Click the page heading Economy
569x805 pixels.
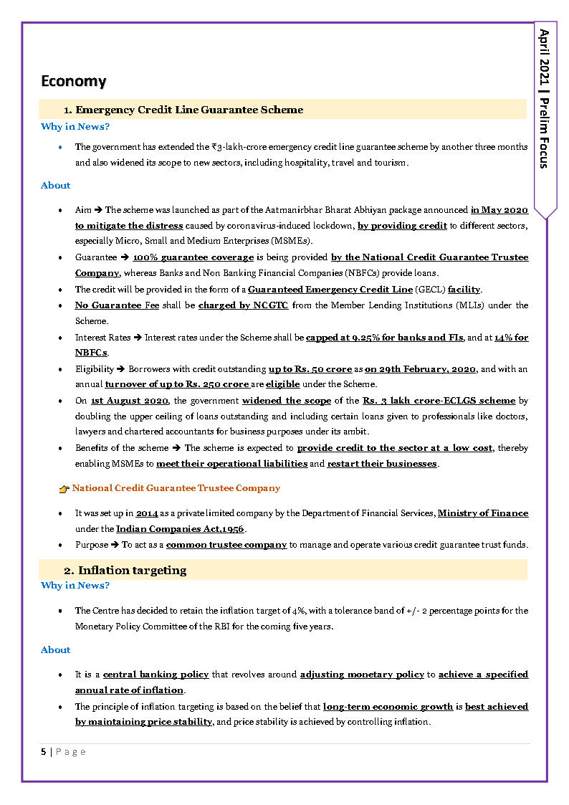73,81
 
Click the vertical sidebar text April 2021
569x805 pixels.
545,62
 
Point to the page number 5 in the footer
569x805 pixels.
43,751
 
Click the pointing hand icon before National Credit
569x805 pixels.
64,489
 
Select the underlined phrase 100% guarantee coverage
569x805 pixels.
193,257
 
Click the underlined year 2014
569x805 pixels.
147,513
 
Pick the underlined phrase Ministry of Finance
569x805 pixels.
483,513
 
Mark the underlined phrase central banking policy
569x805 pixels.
156,675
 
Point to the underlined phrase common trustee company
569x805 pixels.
226,545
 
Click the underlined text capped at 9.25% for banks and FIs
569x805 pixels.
384,338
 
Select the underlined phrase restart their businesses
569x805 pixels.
382,464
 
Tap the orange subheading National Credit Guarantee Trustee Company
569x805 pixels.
176,488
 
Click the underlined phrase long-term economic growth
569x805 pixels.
388,707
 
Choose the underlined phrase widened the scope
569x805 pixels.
287,401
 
